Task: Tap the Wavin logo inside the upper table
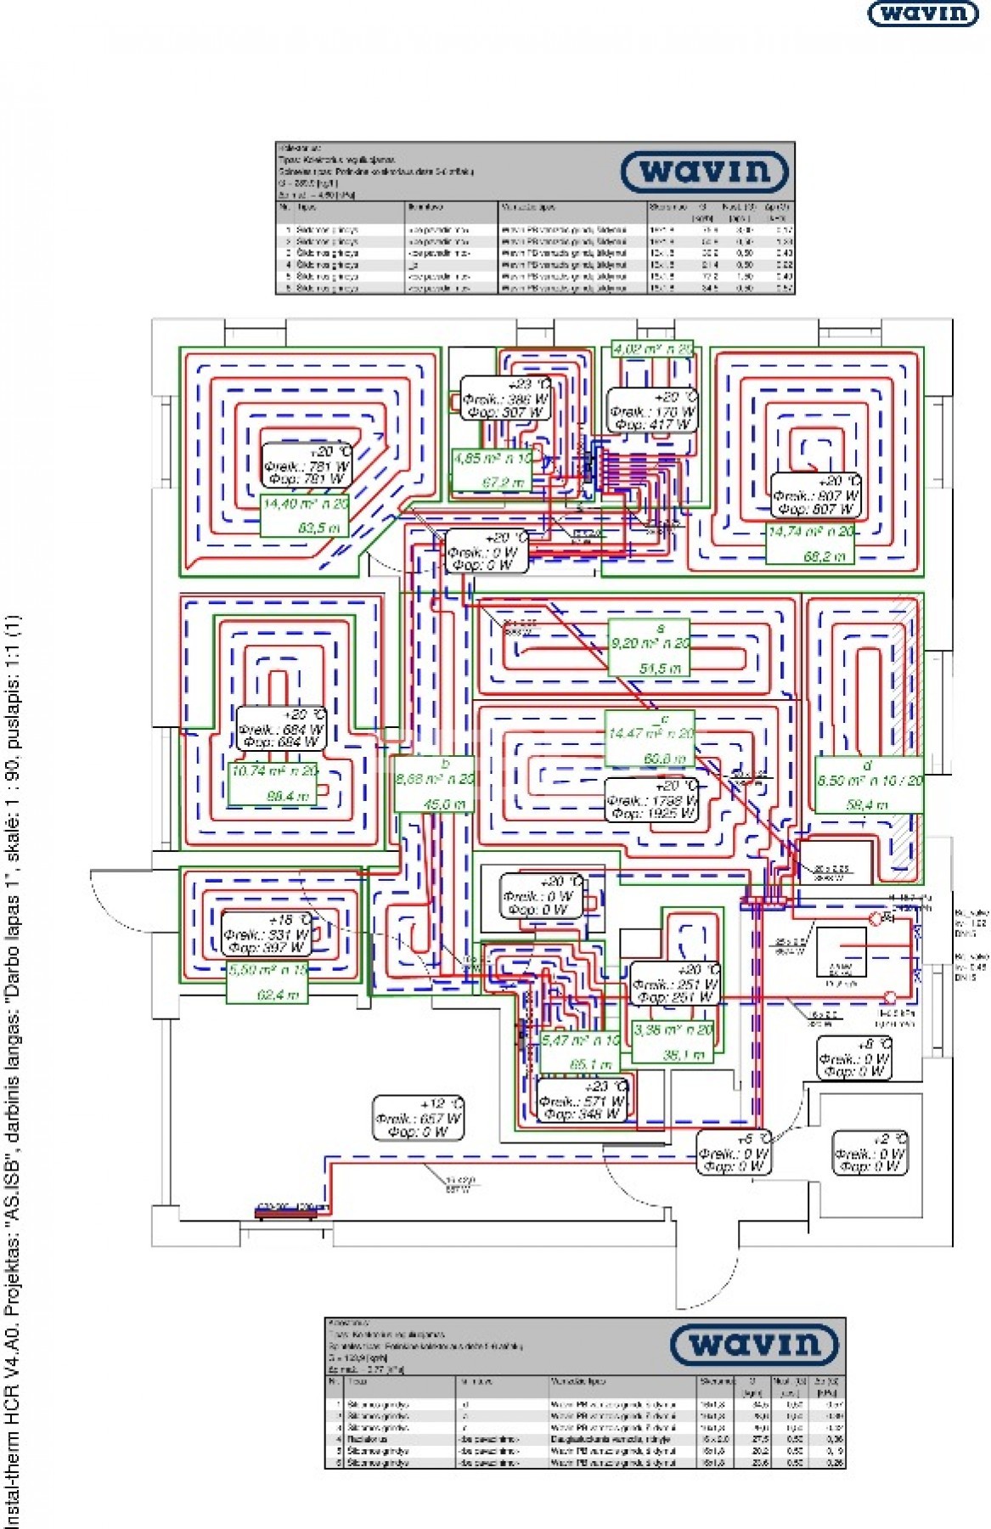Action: (x=706, y=172)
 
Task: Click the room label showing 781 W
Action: (x=307, y=465)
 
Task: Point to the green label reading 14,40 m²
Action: (x=304, y=516)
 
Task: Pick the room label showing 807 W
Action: (x=817, y=496)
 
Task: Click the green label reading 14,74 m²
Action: (x=809, y=544)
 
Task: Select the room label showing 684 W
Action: (x=281, y=729)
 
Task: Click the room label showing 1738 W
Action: (x=652, y=800)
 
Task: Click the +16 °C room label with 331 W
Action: (x=266, y=934)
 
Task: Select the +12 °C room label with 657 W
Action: (x=419, y=1118)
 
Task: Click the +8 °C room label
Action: (x=854, y=1058)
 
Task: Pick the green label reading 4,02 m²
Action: (x=652, y=348)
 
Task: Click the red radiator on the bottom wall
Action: (x=286, y=1212)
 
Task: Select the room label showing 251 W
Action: (x=675, y=984)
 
